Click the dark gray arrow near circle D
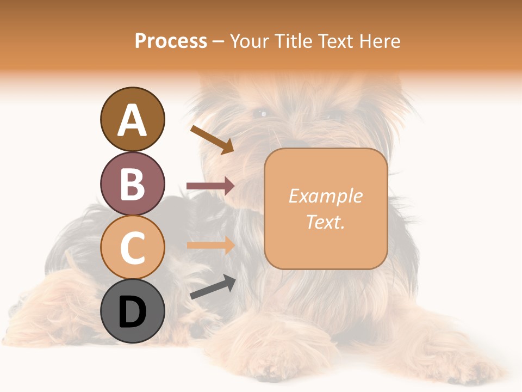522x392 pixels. coord(212,287)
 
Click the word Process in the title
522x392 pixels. coord(171,41)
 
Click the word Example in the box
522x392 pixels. coord(326,196)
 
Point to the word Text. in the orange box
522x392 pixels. coord(326,222)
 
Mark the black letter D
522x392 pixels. coord(132,312)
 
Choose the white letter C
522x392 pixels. coord(132,248)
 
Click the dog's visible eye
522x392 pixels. coord(263,114)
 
